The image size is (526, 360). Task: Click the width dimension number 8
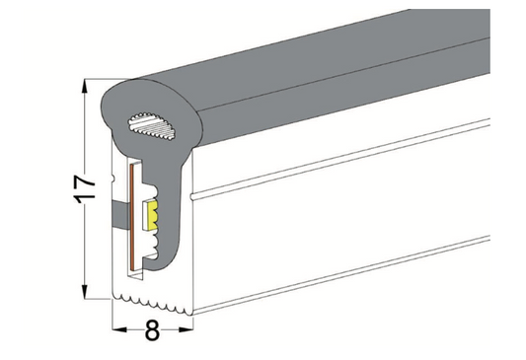click(x=152, y=331)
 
